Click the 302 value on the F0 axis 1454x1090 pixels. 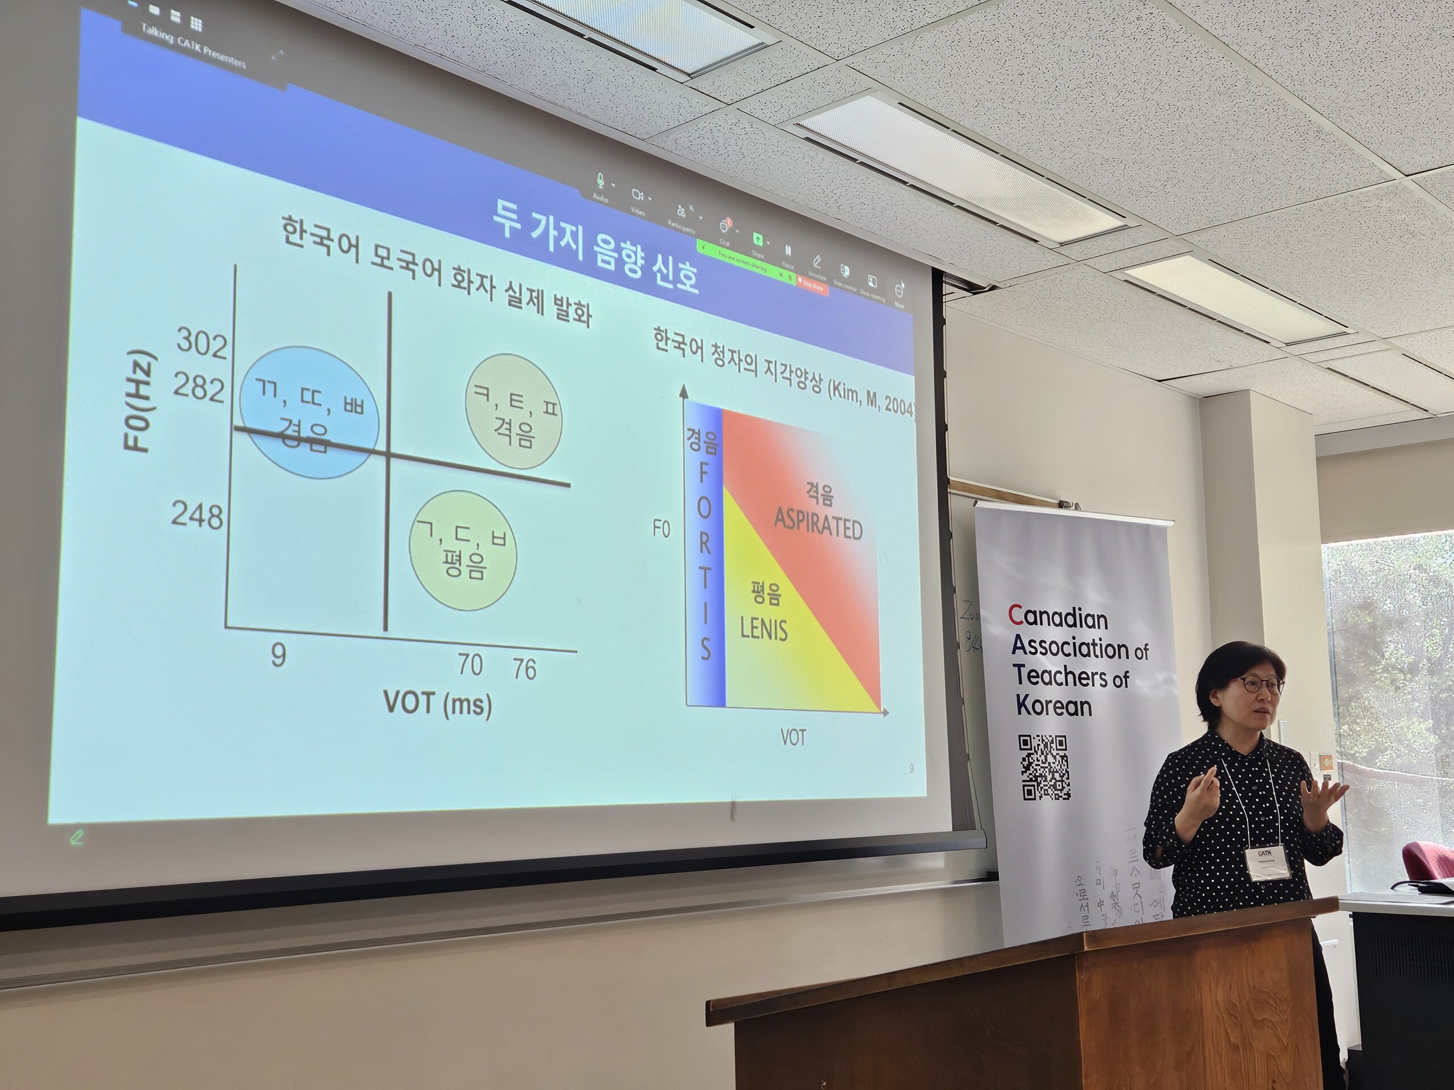click(x=201, y=343)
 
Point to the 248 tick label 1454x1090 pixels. click(x=197, y=515)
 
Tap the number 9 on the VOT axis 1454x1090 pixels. click(x=279, y=655)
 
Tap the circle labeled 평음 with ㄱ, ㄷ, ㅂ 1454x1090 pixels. click(x=463, y=551)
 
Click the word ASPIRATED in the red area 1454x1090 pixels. click(x=818, y=527)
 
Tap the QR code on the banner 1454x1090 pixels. click(x=1044, y=768)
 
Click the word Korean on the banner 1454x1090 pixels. click(x=1053, y=706)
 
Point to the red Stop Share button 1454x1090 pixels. click(x=812, y=286)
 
